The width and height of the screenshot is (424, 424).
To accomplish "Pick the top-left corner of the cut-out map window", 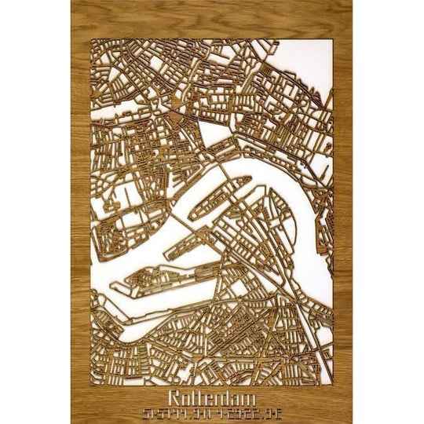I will [92, 37].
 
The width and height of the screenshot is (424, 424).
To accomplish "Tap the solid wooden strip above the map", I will [212, 17].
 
